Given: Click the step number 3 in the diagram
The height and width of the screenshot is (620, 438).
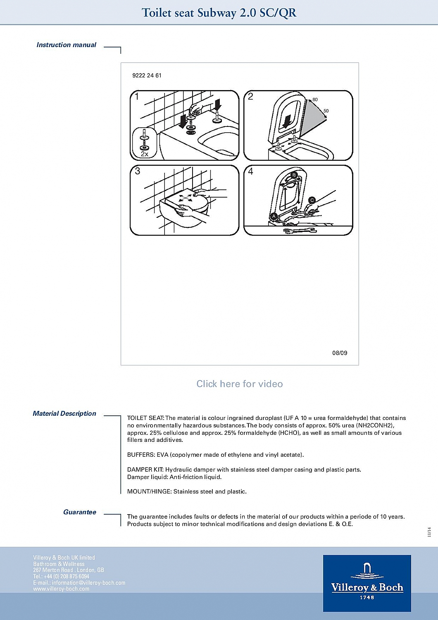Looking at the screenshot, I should (x=137, y=171).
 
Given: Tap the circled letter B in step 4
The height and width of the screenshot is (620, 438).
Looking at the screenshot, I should (x=294, y=175).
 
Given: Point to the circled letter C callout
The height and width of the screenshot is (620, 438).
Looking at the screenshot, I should (x=312, y=200).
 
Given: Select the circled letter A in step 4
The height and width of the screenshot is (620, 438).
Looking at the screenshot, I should (x=274, y=216).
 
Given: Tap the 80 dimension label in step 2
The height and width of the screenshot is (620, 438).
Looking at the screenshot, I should (x=315, y=100).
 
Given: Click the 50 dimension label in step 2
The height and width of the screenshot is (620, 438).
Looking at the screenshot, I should (x=326, y=111).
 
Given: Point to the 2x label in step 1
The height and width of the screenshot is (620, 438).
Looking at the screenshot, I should (x=144, y=154).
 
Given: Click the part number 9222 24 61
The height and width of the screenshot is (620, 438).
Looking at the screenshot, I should (x=147, y=76).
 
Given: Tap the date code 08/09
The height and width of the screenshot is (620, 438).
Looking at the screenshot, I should (x=340, y=353).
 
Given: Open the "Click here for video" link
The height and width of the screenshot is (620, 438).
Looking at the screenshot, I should (x=240, y=384).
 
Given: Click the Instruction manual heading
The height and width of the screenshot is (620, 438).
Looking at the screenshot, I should (x=66, y=45).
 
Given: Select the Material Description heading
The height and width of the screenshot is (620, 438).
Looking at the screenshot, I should (x=64, y=413).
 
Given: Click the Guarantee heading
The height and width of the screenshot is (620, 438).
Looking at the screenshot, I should (x=79, y=512).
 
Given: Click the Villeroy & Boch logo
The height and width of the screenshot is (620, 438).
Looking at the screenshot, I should (x=367, y=583).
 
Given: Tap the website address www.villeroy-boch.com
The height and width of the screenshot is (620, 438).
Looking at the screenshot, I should (x=61, y=589).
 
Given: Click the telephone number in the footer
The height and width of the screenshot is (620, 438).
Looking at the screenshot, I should (x=61, y=576).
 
